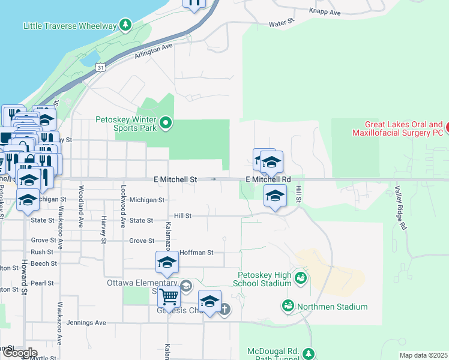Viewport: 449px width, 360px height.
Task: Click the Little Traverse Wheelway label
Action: pos(70,26)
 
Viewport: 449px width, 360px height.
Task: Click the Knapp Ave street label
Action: pos(325,12)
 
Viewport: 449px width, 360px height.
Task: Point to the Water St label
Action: pos(282,23)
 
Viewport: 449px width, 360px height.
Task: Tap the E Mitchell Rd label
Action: pos(268,179)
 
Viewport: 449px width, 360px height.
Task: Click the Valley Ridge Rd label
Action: pos(400,208)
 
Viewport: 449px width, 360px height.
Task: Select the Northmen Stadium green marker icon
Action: pos(288,307)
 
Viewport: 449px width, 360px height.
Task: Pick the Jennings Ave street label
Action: pos(87,323)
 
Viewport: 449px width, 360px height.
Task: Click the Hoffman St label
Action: pos(196,253)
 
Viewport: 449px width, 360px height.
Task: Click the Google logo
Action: pos(20,353)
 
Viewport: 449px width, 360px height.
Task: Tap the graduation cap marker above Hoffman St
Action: pos(167,262)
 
